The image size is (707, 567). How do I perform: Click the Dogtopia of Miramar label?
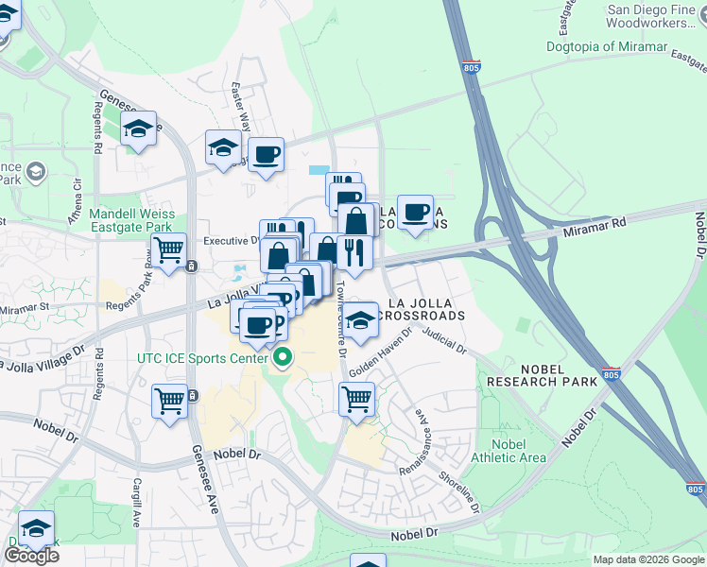[x=606, y=46]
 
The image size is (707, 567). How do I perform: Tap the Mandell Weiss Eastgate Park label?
[x=130, y=220]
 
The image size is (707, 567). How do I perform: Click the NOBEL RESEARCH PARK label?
[x=542, y=375]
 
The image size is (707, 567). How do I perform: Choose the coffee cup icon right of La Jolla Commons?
[x=415, y=212]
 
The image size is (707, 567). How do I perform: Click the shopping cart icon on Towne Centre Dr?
[x=356, y=399]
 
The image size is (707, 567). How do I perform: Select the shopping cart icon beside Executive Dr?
[x=169, y=251]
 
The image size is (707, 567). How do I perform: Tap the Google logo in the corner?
[x=30, y=555]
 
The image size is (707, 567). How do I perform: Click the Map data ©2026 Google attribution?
[x=647, y=559]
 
